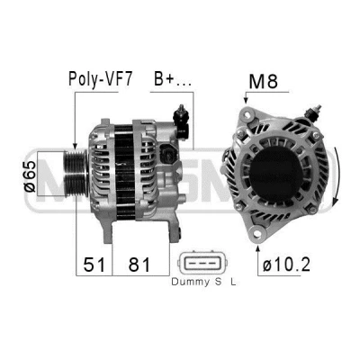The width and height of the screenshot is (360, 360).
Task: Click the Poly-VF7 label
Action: [x=100, y=79]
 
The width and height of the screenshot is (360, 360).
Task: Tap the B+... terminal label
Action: [x=172, y=79]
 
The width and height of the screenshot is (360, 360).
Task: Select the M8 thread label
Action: [x=263, y=81]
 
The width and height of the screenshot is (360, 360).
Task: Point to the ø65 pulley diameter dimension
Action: [x=30, y=176]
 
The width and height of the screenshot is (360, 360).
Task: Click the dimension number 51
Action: [x=94, y=265]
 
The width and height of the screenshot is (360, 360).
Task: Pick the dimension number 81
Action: [x=139, y=265]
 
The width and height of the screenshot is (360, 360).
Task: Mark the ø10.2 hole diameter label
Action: [x=286, y=265]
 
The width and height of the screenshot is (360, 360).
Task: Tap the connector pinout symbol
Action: [x=200, y=263]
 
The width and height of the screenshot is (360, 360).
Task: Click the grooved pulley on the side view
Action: [x=76, y=174]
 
